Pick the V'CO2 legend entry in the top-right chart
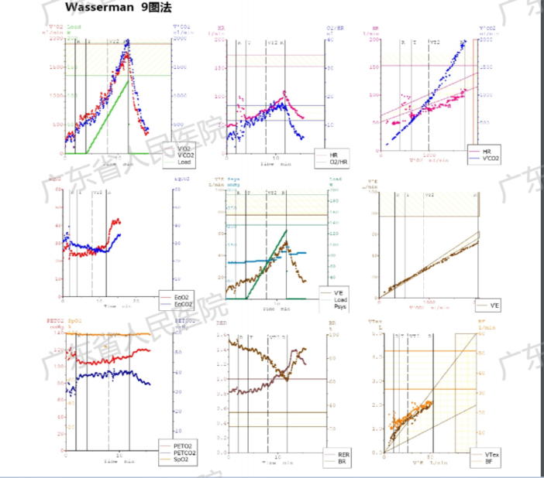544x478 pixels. click(491, 158)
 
